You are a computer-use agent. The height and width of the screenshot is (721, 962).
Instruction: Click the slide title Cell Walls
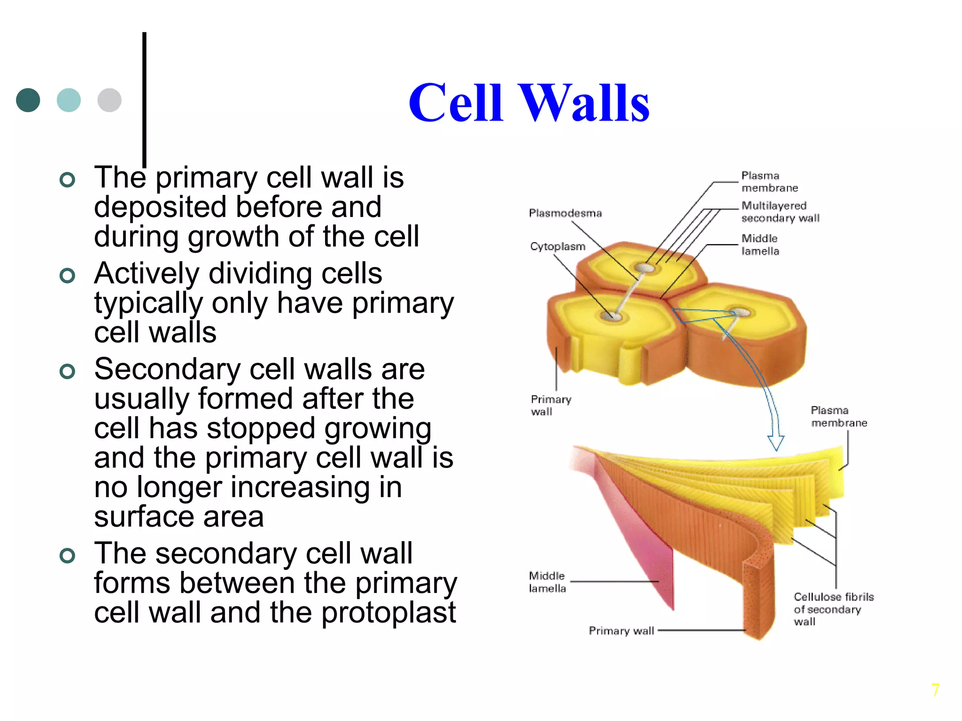tap(528, 103)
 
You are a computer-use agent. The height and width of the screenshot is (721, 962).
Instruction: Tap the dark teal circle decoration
tap(28, 100)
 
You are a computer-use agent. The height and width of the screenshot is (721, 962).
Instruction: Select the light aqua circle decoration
tap(69, 100)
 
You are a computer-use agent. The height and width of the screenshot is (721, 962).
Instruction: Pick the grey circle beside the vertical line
tap(109, 100)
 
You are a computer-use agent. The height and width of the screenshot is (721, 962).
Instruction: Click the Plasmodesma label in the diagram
tap(565, 213)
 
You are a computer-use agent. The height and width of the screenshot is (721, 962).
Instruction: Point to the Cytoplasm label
tap(558, 246)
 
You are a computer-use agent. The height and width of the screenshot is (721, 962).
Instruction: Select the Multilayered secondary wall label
tap(780, 212)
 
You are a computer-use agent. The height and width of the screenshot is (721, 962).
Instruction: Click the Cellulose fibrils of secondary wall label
tap(833, 609)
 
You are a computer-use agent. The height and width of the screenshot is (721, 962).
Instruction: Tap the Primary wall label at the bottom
tap(621, 630)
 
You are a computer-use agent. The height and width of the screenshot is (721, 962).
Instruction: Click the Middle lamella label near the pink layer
tap(547, 582)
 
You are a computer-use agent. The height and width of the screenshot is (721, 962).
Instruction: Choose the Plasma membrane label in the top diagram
tap(769, 182)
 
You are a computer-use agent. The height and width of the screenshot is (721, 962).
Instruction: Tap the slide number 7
tap(935, 690)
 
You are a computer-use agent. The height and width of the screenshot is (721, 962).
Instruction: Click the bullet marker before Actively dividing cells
tap(68, 276)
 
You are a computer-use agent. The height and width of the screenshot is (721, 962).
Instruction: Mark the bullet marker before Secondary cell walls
tap(68, 371)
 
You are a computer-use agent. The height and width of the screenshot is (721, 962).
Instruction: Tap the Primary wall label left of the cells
tap(551, 405)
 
